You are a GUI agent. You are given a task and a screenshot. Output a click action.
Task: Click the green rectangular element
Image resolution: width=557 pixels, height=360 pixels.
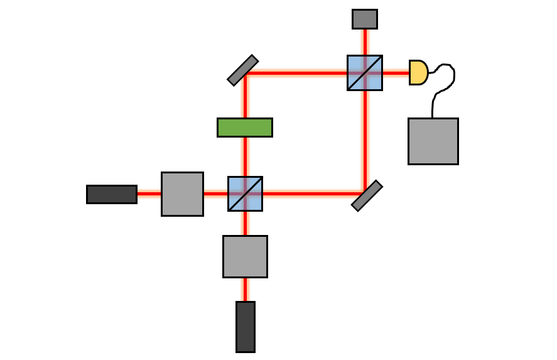tap(245, 127)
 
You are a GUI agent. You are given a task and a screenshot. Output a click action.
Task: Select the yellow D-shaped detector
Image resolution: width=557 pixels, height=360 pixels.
tap(418, 72)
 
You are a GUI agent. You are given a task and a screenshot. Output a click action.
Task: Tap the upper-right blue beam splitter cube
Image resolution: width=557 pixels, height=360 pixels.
tap(365, 72)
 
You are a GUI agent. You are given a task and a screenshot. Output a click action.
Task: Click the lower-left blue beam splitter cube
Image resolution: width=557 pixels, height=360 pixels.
tap(245, 194)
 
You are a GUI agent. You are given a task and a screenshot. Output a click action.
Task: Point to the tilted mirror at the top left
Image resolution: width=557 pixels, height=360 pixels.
tap(242, 70)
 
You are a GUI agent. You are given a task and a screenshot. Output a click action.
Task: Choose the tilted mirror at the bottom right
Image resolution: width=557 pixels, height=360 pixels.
tap(367, 195)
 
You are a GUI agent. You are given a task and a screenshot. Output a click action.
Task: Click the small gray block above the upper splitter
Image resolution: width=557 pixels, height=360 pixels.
tap(365, 19)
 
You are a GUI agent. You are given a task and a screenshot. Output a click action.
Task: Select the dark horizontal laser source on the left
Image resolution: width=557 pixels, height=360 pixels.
tap(112, 194)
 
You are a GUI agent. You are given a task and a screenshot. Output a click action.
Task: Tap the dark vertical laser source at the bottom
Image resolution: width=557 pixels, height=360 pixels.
tap(246, 327)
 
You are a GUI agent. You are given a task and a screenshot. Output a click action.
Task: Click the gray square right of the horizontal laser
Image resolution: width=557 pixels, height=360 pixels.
tap(182, 194)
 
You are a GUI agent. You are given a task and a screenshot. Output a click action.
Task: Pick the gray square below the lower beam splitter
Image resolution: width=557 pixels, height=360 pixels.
tap(245, 256)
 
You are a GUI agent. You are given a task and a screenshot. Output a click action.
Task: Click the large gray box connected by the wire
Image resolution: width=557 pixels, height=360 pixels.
tap(433, 141)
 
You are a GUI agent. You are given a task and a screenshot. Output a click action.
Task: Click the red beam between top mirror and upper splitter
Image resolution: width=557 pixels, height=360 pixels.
tap(295, 73)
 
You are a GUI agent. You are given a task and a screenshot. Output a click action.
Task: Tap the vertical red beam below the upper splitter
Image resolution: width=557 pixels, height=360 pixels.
tap(365, 138)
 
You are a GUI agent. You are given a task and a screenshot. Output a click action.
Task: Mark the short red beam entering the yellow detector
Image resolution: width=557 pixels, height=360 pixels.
tap(396, 73)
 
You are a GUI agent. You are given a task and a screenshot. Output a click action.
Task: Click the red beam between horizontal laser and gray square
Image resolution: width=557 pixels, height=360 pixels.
tap(149, 194)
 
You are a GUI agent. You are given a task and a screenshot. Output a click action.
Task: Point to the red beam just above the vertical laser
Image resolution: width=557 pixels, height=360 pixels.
tap(245, 289)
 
